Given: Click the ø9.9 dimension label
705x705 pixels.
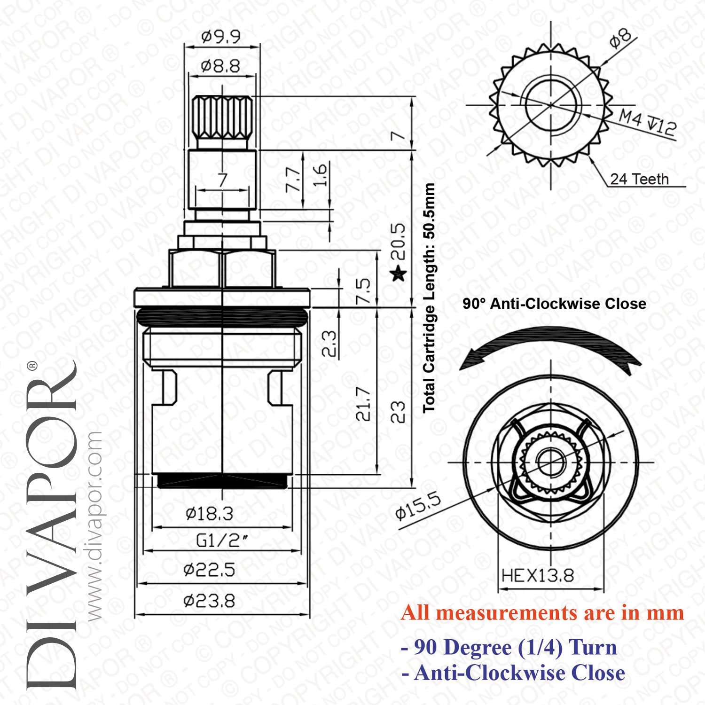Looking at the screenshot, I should coord(220,36).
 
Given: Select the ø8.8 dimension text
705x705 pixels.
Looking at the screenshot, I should coord(220,66).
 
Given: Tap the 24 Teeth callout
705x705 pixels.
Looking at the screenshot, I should coord(639,179).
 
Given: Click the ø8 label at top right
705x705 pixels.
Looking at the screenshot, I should coord(621,38).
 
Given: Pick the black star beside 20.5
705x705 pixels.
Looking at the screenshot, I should coord(399,273).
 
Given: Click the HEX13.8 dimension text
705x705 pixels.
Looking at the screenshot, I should coord(538,575).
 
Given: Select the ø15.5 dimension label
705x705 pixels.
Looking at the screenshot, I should coord(418,506).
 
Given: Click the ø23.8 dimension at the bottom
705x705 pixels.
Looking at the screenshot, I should coord(209,601).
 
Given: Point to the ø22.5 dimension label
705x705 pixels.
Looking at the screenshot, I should coord(209,570).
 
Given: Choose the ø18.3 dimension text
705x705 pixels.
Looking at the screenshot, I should coord(209,514).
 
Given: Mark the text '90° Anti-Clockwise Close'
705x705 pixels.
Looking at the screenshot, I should coord(554,304).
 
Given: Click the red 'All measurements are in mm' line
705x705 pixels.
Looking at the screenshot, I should coord(542,613).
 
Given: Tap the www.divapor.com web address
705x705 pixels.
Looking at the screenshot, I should coord(94,526).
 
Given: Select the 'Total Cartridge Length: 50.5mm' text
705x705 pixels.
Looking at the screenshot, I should coord(428,298).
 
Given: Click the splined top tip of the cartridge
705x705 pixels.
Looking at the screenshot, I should coord(222,117).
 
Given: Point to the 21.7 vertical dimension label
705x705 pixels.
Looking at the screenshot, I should coord(363,404).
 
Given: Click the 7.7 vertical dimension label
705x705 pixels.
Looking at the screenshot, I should coord(293,179).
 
